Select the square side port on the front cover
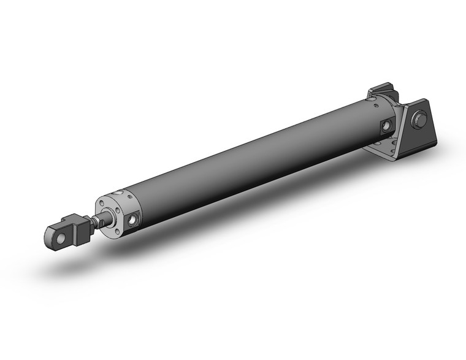[132, 218]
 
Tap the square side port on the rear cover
[387, 126]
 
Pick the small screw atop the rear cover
[381, 98]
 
